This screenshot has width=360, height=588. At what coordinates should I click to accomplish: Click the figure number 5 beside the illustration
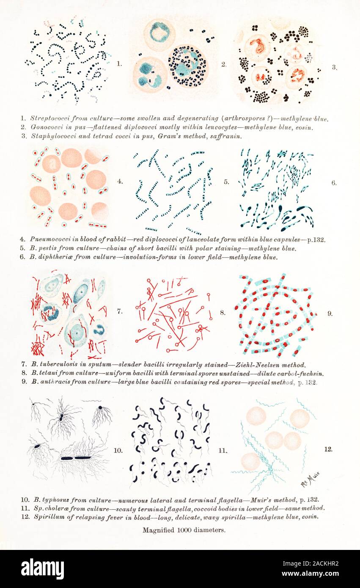(226, 182)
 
